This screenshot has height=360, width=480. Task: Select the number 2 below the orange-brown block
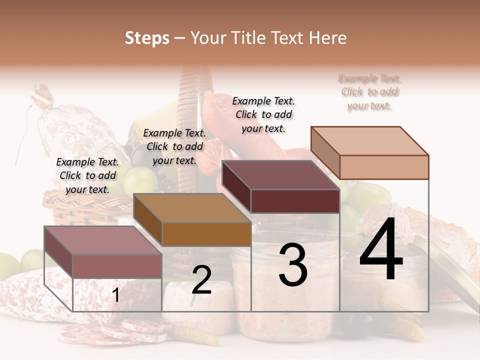(x=201, y=280)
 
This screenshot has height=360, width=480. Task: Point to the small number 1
(x=115, y=295)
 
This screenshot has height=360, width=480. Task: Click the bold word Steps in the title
(x=147, y=38)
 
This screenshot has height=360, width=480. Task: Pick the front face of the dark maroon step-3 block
(x=295, y=201)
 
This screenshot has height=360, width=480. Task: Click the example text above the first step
(x=87, y=175)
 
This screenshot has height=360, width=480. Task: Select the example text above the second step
(x=174, y=146)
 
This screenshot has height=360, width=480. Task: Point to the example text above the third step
(x=263, y=114)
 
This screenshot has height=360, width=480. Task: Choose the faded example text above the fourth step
(x=369, y=92)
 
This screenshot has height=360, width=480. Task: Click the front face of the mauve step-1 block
(x=117, y=266)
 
